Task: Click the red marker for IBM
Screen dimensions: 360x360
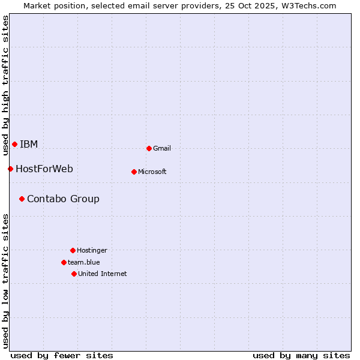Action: pos(14,144)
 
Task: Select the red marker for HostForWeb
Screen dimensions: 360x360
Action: pos(10,169)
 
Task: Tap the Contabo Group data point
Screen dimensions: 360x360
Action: pos(22,199)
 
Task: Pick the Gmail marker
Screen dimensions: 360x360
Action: pos(149,148)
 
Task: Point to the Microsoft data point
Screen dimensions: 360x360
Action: pos(134,172)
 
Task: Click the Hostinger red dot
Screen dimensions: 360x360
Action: pos(73,250)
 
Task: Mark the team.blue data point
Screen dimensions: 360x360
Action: pos(64,262)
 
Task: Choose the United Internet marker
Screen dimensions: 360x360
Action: pos(74,274)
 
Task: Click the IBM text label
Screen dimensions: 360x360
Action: pos(29,144)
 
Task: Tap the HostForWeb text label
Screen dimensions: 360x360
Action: pos(44,169)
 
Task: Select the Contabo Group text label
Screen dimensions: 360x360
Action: pos(63,199)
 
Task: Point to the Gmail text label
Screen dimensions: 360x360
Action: pos(162,148)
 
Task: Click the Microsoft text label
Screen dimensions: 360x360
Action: pos(152,172)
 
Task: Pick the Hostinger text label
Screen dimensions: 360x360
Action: pos(92,250)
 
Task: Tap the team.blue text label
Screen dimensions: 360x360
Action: pos(84,262)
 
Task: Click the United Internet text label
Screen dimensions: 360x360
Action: pos(103,274)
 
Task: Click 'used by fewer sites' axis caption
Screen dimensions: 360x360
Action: pos(62,355)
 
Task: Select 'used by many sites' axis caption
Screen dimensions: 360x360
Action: pos(301,355)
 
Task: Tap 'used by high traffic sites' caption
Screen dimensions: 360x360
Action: pos(6,85)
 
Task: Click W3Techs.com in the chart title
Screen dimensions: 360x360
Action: pos(310,5)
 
